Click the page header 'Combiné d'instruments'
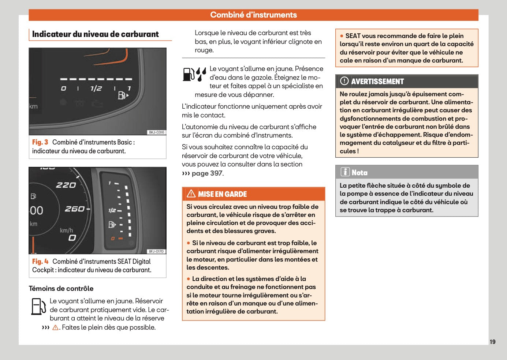253,15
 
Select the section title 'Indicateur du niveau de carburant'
95,34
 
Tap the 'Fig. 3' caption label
40,142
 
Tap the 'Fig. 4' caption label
40,262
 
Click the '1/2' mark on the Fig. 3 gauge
96,89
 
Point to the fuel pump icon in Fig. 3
122,95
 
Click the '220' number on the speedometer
66,185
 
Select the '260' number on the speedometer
75,209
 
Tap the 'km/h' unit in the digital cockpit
66,230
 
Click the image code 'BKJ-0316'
156,132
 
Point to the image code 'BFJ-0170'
156,251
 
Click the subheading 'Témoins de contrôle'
61,289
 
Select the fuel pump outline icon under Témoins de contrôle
38,307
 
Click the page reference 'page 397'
207,173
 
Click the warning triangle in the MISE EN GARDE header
191,194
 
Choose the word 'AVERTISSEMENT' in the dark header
377,82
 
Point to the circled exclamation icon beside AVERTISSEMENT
344,81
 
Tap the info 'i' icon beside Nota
345,172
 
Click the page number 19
492,342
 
